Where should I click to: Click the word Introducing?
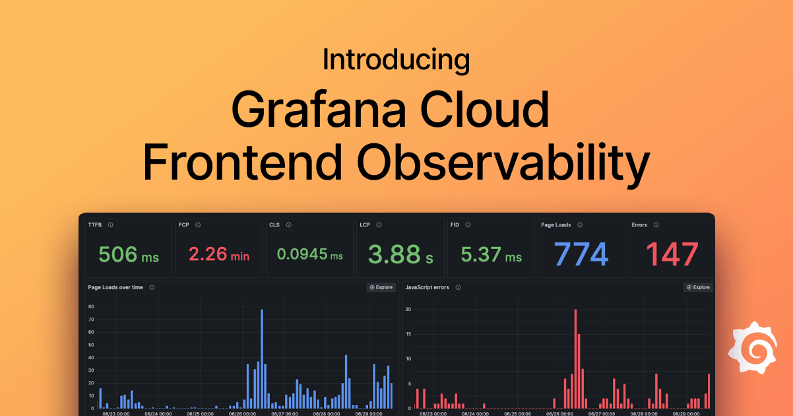pyautogui.click(x=396, y=60)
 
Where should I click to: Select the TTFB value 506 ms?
pyautogui.click(x=129, y=255)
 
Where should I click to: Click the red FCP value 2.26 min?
pyautogui.click(x=219, y=255)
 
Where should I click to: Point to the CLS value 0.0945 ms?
pyautogui.click(x=309, y=255)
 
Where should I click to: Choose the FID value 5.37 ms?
pyautogui.click(x=491, y=255)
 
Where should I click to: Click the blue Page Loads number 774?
pyautogui.click(x=581, y=254)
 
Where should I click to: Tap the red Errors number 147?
pyautogui.click(x=672, y=254)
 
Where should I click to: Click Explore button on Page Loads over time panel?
pyautogui.click(x=381, y=287)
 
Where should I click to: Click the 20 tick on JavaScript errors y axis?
pyautogui.click(x=408, y=309)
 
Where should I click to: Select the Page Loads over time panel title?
pyautogui.click(x=115, y=287)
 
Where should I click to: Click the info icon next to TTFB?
pyautogui.click(x=110, y=225)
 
